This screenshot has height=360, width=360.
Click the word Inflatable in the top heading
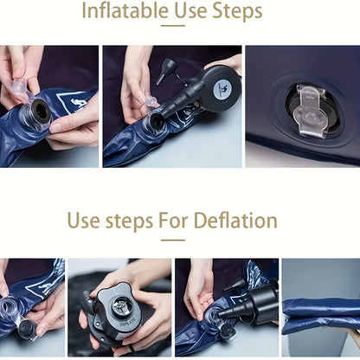125,10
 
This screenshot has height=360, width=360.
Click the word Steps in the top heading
237,11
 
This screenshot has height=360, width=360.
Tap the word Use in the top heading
190,10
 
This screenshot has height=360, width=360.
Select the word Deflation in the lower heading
235,221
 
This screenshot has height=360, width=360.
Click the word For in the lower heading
173,221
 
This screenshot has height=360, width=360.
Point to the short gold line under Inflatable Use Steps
173,26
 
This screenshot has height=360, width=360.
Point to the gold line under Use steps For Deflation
173,240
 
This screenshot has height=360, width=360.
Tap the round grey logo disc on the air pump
222,86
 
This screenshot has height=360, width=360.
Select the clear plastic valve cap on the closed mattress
310,110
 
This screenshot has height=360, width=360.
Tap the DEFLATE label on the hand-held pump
126,325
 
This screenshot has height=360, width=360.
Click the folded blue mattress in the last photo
321,317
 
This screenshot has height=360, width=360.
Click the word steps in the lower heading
129,222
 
